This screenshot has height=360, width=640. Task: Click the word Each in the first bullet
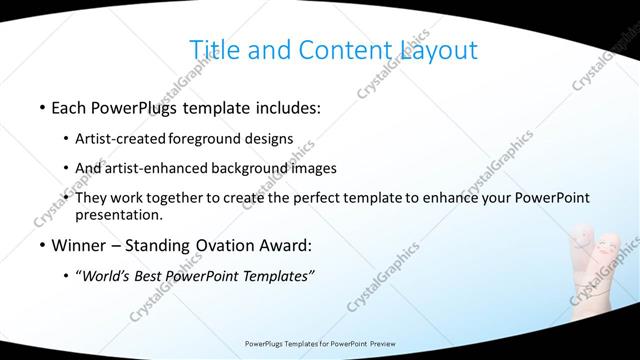[68, 105]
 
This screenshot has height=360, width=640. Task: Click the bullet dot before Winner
[41, 246]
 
